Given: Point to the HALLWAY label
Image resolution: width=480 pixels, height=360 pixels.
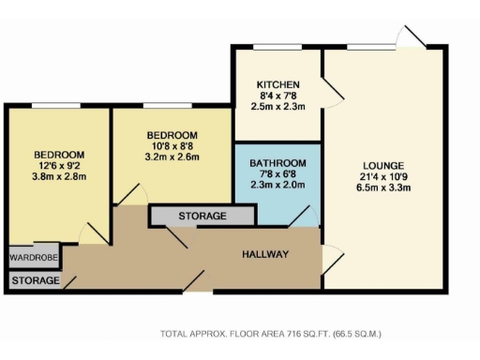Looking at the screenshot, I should pos(265,255).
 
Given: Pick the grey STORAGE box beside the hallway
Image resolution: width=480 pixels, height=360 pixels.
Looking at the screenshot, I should pos(202,217).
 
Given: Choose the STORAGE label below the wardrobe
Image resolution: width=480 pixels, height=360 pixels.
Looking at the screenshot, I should pos(36,280).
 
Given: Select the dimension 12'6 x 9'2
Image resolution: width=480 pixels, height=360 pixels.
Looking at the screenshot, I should pos(59,167).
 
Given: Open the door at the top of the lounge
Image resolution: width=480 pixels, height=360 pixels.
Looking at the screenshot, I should pos(410,37).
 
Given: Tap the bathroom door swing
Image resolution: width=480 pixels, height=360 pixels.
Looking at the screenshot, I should pos(303,217).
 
